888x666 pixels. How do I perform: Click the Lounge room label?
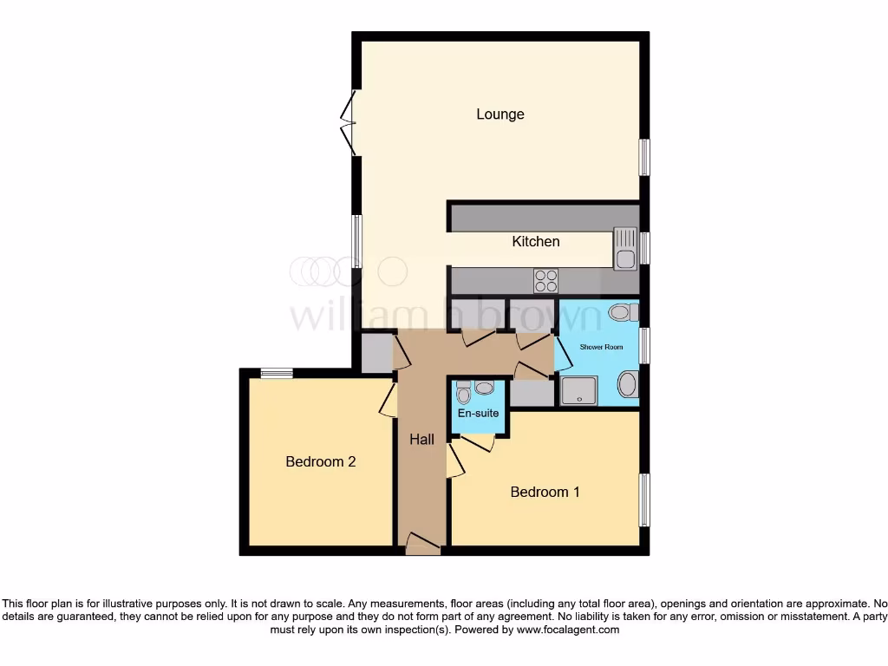[x=499, y=114]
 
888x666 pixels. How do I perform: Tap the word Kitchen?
[x=536, y=242]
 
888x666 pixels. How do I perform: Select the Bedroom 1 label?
[x=545, y=493]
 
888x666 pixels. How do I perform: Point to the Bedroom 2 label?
[x=321, y=462]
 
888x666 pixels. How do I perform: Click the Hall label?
[x=421, y=441]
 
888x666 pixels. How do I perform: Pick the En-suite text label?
[x=479, y=414]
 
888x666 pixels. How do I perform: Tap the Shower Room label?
[x=602, y=347]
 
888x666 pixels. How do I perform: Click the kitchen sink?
[x=624, y=248]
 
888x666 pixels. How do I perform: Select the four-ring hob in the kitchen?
[x=546, y=280]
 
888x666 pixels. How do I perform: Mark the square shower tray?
[x=579, y=391]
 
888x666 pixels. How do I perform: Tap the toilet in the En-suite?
[x=463, y=395]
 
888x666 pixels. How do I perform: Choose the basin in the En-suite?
[x=484, y=388]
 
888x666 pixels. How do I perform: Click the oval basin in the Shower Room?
[x=628, y=384]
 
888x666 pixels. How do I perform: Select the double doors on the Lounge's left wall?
[x=349, y=124]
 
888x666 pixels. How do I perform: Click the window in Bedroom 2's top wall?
[x=277, y=374]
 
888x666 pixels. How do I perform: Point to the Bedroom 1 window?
[x=643, y=499]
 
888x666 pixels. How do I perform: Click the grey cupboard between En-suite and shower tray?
[x=532, y=393]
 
